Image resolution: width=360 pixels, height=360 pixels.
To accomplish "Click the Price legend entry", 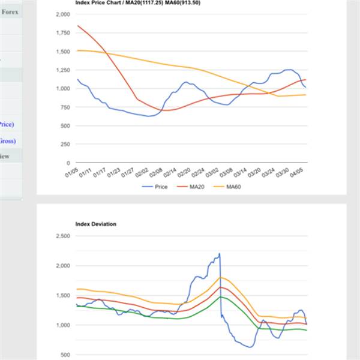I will tap(161, 187).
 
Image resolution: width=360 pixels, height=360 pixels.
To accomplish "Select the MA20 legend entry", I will tap(198, 187).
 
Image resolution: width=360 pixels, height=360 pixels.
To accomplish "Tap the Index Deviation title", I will tap(96, 224).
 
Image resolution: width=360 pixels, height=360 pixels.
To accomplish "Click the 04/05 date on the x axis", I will tap(299, 173).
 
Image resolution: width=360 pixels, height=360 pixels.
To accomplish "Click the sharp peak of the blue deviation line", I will tap(220, 254).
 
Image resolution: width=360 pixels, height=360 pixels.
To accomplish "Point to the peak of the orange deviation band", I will tap(221, 277).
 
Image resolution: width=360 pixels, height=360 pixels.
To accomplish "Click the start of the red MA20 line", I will tap(78, 26).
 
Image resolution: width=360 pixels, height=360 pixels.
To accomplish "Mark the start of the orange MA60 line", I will tap(78, 50).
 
